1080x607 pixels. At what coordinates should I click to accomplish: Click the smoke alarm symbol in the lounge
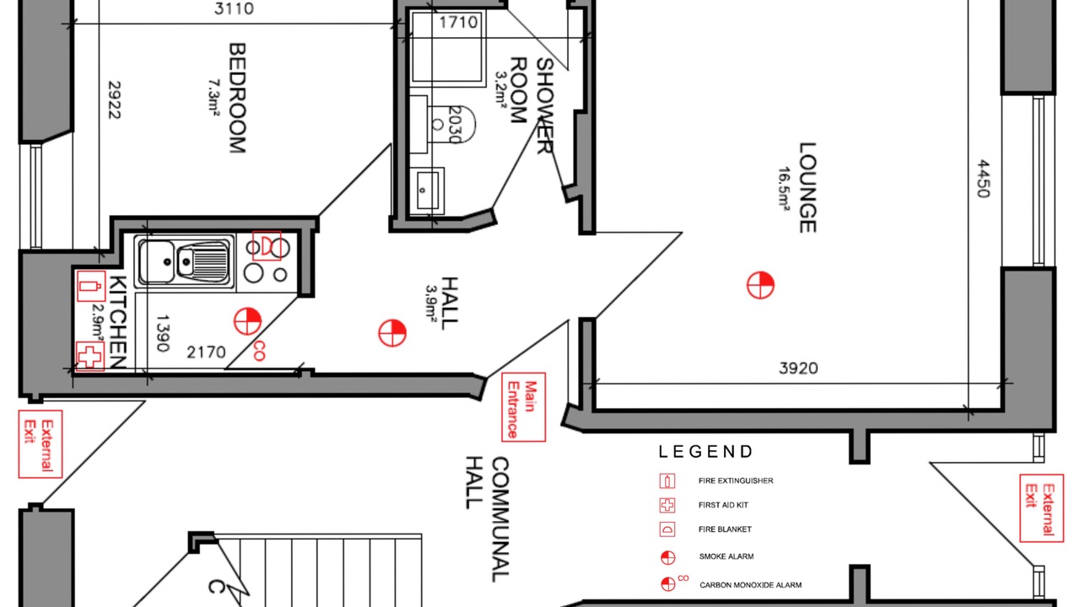point(760,285)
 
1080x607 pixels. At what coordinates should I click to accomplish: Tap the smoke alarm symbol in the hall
point(392,333)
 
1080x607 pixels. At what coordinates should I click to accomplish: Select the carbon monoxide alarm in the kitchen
point(248,322)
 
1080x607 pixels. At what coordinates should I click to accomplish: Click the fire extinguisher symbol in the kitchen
point(90,286)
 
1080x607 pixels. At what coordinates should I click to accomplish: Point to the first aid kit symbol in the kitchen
point(90,357)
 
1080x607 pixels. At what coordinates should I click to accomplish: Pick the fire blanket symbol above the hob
point(267,245)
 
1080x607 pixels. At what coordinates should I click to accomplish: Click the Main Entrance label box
point(523,407)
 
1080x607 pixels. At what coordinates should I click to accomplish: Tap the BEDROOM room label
point(237,98)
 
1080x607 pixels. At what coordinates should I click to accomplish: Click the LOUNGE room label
point(807,187)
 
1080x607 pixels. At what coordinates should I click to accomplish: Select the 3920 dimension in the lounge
point(798,368)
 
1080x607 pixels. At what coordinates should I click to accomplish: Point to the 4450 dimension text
point(983,179)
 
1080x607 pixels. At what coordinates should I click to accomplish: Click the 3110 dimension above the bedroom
point(234,8)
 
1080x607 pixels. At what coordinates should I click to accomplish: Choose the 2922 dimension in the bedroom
point(114,99)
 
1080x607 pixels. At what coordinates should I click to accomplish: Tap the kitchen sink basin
point(157,261)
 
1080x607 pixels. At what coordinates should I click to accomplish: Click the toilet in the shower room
point(451,125)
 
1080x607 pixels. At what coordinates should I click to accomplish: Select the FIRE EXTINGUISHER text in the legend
point(736,481)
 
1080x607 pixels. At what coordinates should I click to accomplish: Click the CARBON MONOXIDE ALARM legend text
point(751,585)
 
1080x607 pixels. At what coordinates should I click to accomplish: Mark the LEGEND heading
point(705,452)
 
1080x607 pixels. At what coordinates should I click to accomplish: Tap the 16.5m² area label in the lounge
point(784,188)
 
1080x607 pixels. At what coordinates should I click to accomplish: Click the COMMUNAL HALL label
point(487,519)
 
